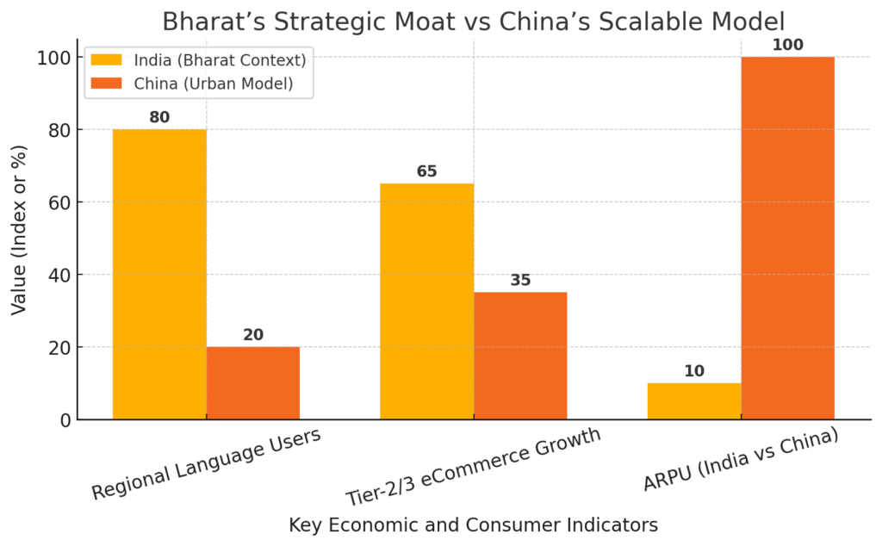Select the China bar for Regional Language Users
(253, 383)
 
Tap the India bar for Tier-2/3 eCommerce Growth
(427, 301)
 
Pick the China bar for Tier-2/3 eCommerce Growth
(520, 356)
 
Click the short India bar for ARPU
(694, 401)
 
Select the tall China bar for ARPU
(787, 238)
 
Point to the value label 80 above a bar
(159, 117)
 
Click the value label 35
(520, 280)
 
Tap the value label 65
(427, 171)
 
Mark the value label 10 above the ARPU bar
(694, 371)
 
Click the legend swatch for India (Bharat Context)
(107, 59)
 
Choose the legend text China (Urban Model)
(214, 84)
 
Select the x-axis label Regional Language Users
(207, 462)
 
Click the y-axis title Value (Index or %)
(19, 230)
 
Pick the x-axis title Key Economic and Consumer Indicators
(473, 524)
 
